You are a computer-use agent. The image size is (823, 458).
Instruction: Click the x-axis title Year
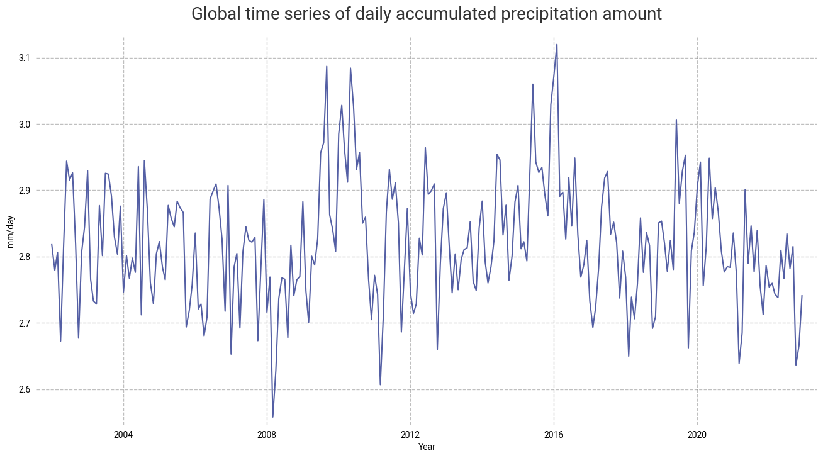[x=427, y=447]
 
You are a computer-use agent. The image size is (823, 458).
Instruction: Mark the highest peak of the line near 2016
[x=557, y=44]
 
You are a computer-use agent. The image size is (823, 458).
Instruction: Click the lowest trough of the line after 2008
[x=272, y=417]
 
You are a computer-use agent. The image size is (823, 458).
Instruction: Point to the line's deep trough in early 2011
[x=380, y=384]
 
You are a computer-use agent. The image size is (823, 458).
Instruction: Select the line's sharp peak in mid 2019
[x=676, y=120]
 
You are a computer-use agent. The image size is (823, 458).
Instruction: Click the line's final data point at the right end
[x=802, y=295]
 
